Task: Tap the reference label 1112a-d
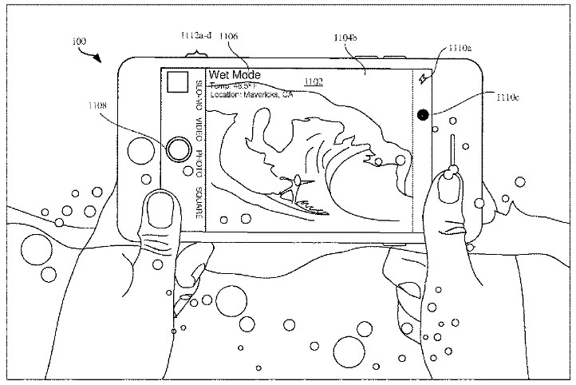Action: [196, 37]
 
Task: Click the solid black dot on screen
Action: [422, 115]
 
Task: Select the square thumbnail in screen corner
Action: [178, 81]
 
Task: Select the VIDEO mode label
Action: [199, 130]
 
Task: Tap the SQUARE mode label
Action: [199, 203]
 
